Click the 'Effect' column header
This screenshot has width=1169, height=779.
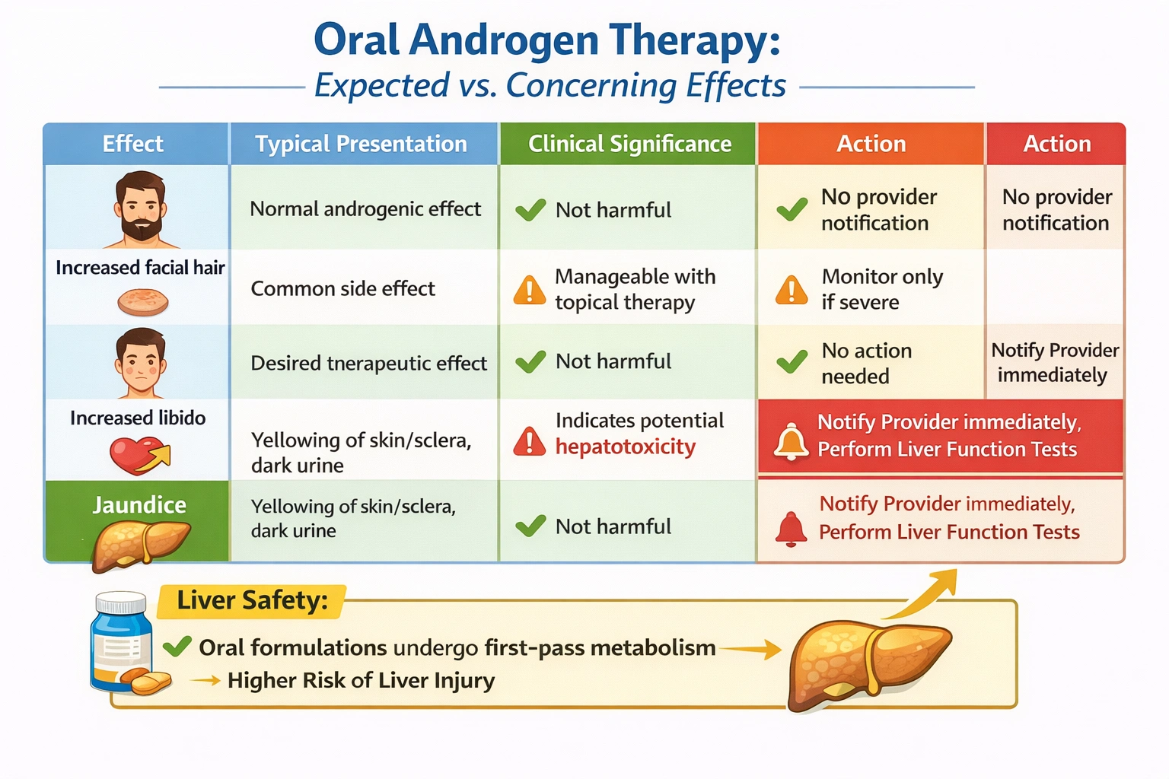133,144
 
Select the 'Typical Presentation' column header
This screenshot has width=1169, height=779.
361,144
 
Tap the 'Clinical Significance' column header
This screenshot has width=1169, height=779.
629,144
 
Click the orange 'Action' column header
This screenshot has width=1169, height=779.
871,144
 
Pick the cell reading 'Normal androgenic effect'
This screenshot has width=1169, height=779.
365,209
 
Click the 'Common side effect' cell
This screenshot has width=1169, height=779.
342,289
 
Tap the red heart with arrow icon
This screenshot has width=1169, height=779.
139,455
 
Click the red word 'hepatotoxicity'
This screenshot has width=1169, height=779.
625,447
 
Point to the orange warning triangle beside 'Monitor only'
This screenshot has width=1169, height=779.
792,291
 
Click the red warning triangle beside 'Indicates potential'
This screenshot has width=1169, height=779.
530,442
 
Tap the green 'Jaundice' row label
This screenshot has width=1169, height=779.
139,505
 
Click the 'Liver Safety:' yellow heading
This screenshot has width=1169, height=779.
252,601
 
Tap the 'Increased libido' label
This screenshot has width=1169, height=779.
138,418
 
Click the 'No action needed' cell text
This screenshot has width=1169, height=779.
866,364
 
